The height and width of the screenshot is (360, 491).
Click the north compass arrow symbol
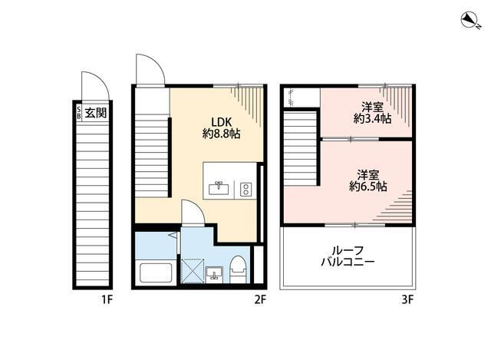point(470,18)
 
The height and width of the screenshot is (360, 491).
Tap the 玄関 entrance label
point(96,113)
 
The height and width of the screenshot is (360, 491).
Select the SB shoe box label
point(78,113)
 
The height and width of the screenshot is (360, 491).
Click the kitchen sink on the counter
point(219,187)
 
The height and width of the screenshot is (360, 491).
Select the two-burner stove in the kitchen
point(245,188)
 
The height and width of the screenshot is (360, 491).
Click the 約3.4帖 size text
point(373,119)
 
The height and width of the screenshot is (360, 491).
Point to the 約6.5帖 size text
point(368,186)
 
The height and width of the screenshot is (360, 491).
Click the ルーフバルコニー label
point(348,256)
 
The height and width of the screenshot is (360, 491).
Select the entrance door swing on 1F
point(91,85)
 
